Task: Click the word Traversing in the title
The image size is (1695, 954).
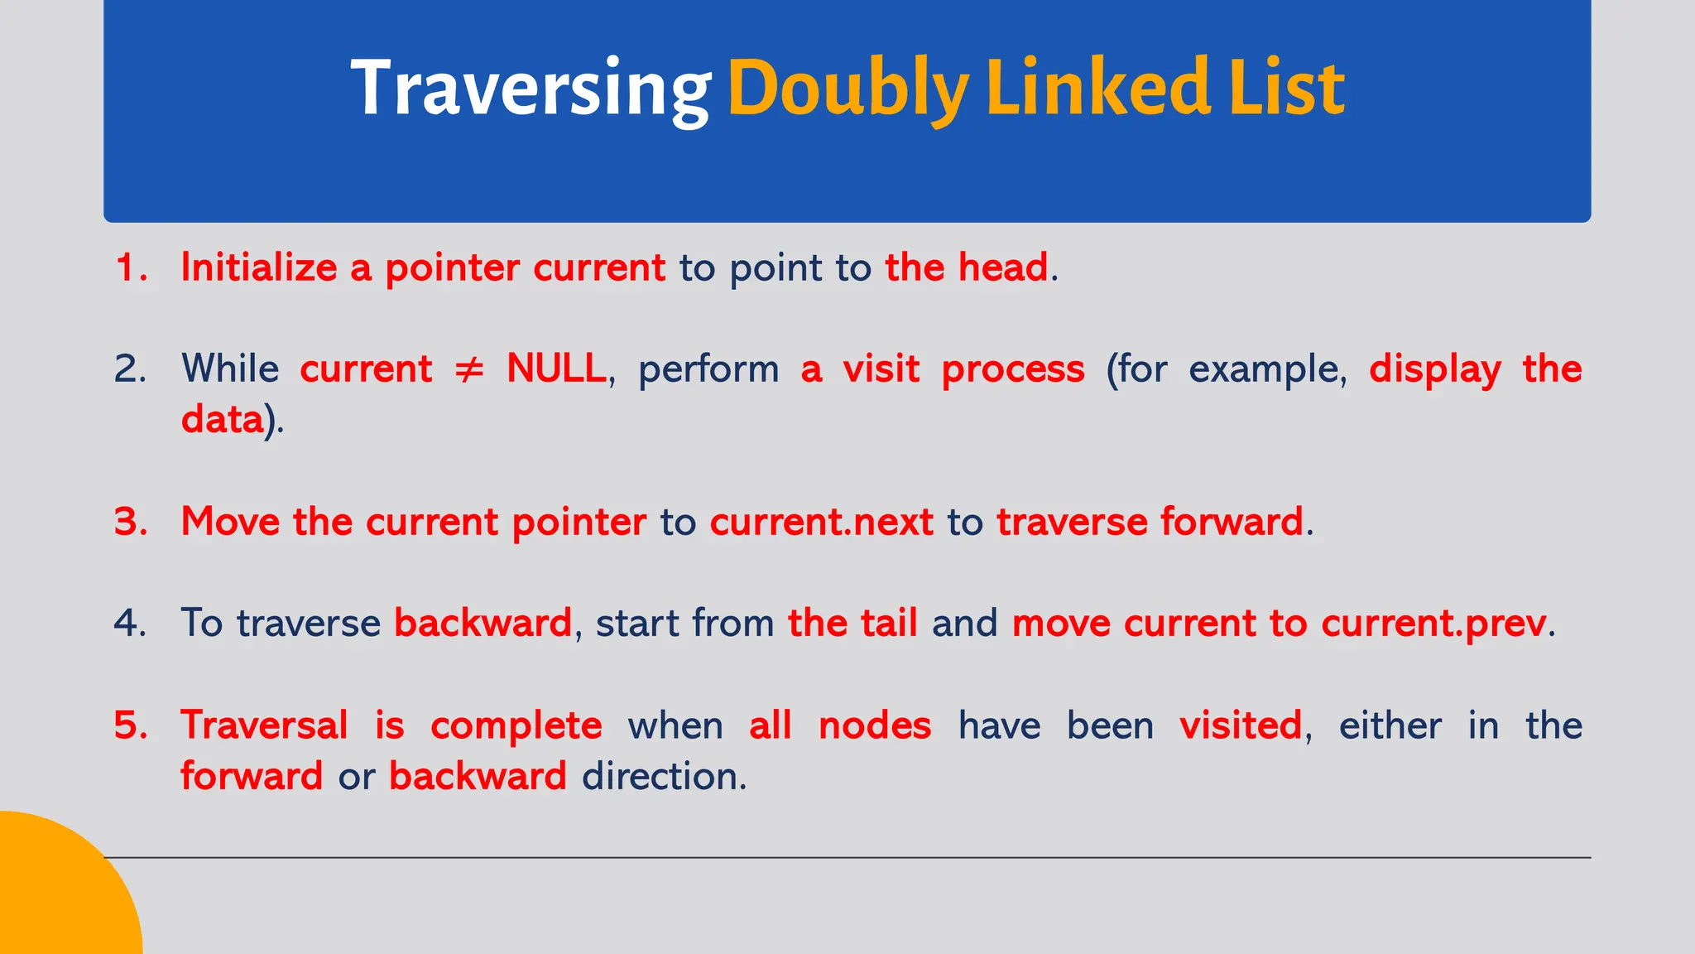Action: coord(530,89)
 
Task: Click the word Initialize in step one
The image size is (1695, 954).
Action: coord(258,267)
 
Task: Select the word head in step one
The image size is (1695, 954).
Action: coord(1003,267)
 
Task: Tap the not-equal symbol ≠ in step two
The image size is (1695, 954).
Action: coord(469,369)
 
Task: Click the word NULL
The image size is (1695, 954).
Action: coord(556,369)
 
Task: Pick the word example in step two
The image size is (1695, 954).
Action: coord(1266,369)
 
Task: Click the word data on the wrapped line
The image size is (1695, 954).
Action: coord(222,419)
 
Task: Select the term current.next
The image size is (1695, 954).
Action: coord(821,522)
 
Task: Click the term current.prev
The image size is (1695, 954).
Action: coord(1433,623)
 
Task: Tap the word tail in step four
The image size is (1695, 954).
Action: coord(888,623)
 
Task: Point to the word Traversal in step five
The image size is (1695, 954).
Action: coord(264,725)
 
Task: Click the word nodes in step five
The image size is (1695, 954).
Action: coord(875,725)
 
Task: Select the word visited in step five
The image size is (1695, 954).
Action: coord(1241,725)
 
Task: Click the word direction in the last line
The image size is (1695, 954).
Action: coord(663,776)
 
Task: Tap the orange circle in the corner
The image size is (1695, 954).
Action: coord(58,894)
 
